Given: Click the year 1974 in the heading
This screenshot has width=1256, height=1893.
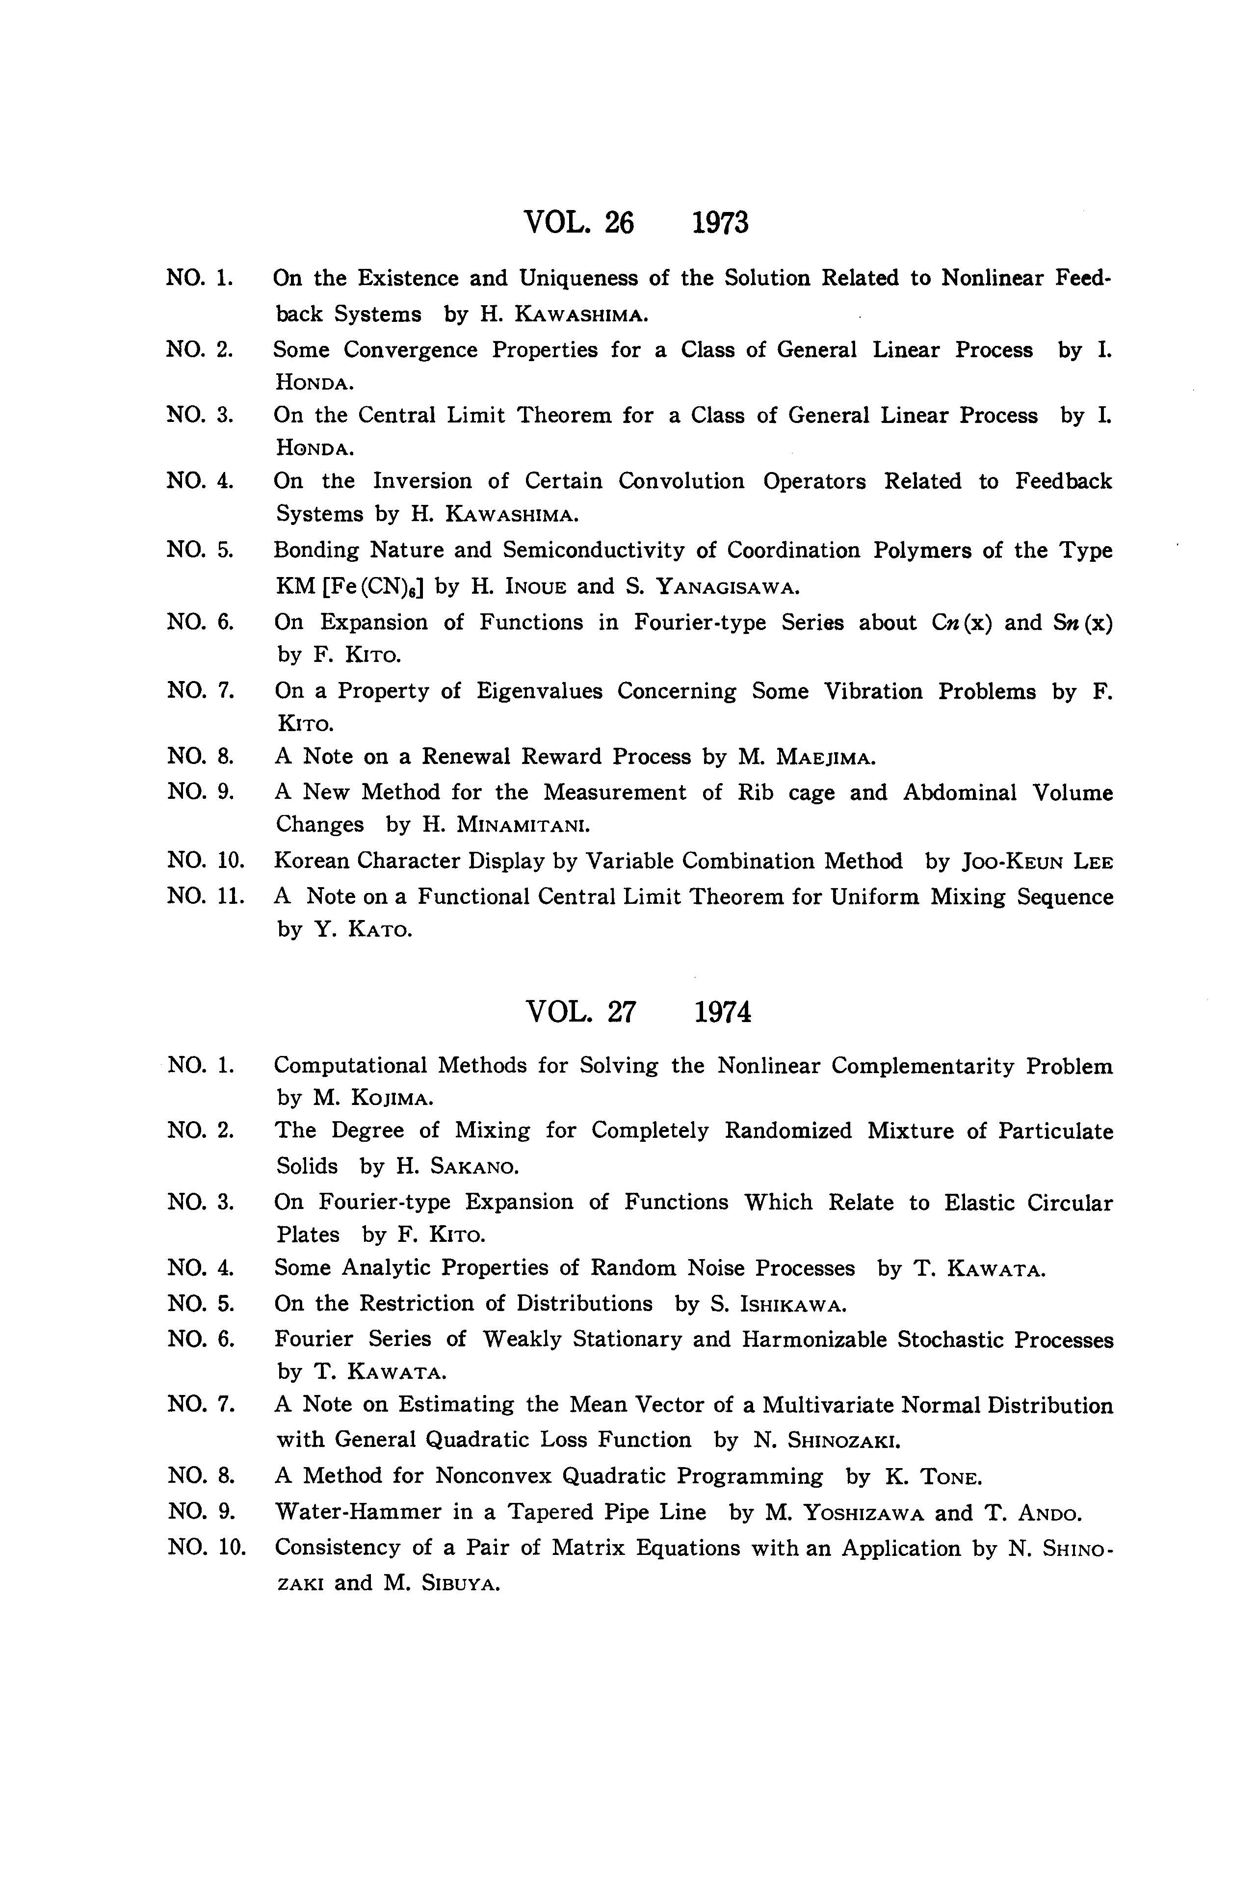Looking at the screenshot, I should click(x=723, y=1013).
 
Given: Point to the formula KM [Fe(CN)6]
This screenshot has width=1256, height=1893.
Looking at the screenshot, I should click(x=349, y=587).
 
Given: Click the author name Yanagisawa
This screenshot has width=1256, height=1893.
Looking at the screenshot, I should click(x=727, y=587).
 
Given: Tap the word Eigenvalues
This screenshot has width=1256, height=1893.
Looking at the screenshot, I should click(x=539, y=691).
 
